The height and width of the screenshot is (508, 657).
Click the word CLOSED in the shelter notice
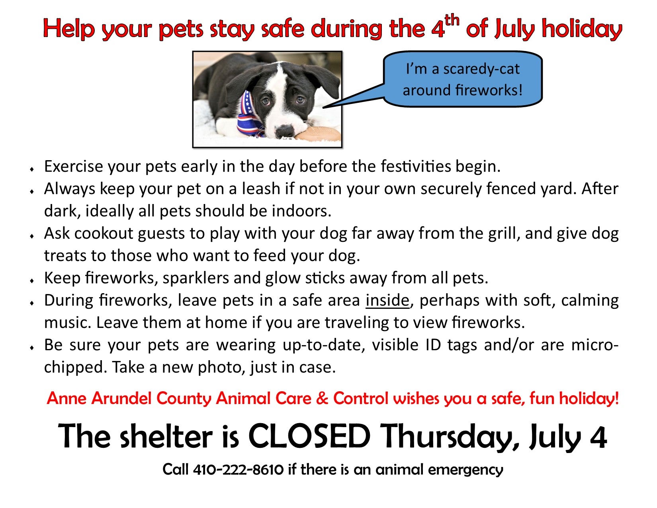tap(309, 437)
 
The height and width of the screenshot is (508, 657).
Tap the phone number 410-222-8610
tap(238, 470)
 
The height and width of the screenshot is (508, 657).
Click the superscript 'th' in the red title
tap(452, 21)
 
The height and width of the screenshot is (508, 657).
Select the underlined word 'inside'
tap(387, 300)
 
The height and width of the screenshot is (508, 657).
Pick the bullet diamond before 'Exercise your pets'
tap(31, 169)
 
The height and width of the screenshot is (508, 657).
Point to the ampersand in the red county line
tap(322, 398)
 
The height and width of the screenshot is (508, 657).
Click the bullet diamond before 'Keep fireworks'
tap(31, 281)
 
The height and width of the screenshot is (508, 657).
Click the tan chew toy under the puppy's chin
tap(319, 135)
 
